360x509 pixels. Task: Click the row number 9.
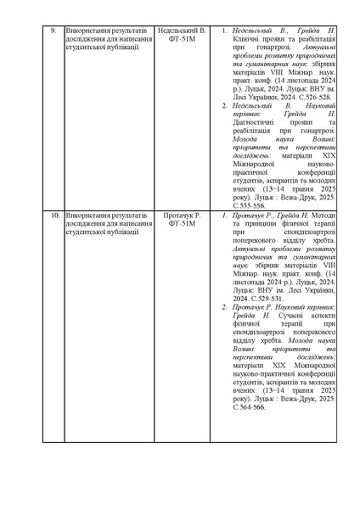click(53, 31)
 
